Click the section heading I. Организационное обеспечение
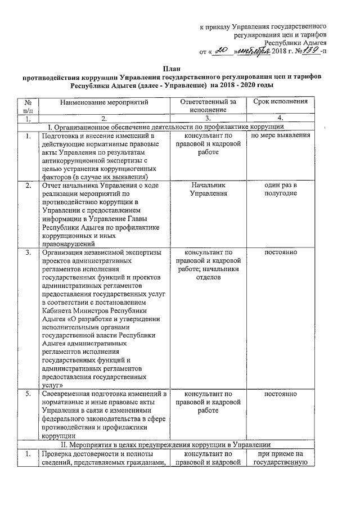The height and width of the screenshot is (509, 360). point(169,128)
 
